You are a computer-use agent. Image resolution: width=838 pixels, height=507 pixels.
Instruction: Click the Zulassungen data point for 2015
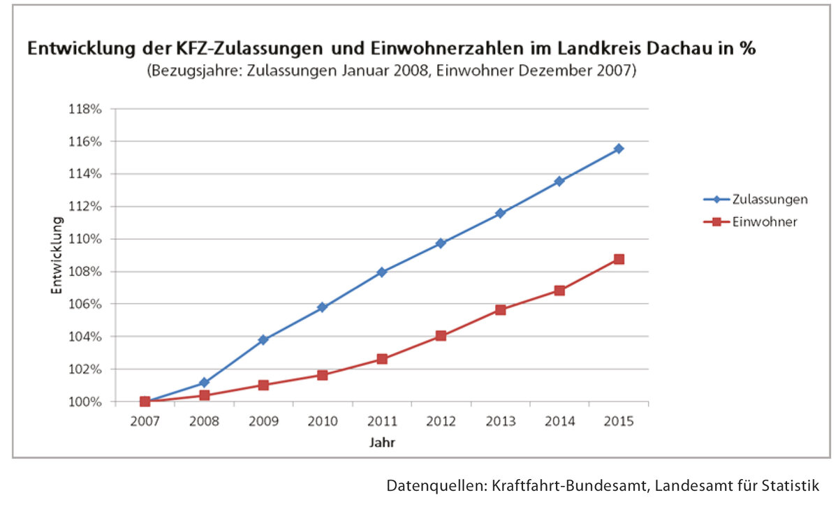(x=619, y=149)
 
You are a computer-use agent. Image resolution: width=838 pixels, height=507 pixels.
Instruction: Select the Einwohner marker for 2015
(x=619, y=259)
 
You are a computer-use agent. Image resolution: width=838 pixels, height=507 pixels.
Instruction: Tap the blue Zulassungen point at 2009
(x=263, y=339)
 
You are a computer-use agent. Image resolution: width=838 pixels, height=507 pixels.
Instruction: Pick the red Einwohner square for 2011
(x=382, y=358)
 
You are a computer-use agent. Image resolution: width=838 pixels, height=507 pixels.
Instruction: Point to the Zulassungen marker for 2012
(x=441, y=243)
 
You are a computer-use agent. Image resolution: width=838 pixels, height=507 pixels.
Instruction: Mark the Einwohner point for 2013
(x=500, y=309)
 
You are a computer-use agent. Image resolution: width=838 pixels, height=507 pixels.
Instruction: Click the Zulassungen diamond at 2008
(x=204, y=383)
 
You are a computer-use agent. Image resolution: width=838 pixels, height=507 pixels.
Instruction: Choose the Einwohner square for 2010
(x=323, y=375)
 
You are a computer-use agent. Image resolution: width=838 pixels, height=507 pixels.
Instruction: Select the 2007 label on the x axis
(x=145, y=422)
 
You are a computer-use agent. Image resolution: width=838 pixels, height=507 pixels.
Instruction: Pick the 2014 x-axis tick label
(x=559, y=422)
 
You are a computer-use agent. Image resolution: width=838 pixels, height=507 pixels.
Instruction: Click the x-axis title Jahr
(x=382, y=442)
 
